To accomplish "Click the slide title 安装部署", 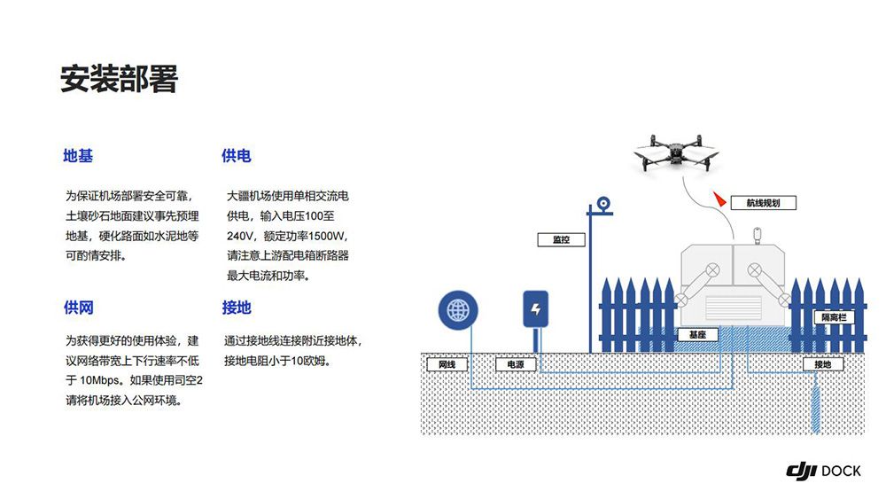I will pyautogui.click(x=119, y=79).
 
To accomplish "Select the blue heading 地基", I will pyautogui.click(x=78, y=156).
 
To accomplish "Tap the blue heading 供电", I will pyautogui.click(x=237, y=156).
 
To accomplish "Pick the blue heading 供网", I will pyautogui.click(x=78, y=308).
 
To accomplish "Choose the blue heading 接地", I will pyautogui.click(x=237, y=308).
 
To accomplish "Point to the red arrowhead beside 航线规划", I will pyautogui.click(x=719, y=200).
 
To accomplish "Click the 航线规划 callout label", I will pyautogui.click(x=763, y=203).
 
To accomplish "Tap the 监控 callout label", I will pyautogui.click(x=562, y=239).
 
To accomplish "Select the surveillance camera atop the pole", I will pyautogui.click(x=604, y=204).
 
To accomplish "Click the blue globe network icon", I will pyautogui.click(x=458, y=310).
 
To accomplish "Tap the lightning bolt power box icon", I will pyautogui.click(x=535, y=309).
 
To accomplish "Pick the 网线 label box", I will pyautogui.click(x=447, y=364).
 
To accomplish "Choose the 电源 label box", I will pyautogui.click(x=515, y=364).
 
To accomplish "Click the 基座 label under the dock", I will pyautogui.click(x=696, y=335).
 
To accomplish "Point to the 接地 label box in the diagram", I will pyautogui.click(x=822, y=364).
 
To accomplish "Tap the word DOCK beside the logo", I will pyautogui.click(x=841, y=472).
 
